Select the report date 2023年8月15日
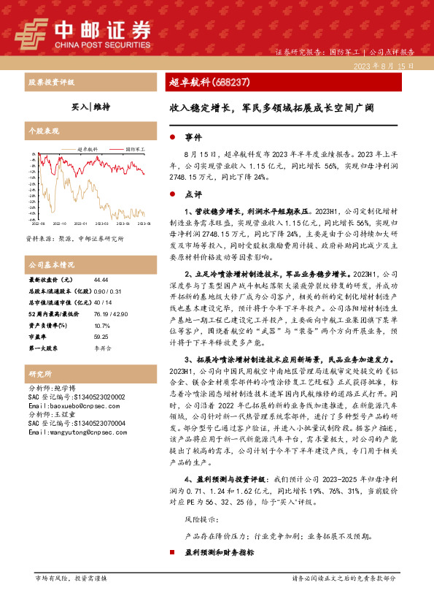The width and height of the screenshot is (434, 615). (x=383, y=66)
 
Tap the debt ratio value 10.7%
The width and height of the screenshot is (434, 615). (x=101, y=326)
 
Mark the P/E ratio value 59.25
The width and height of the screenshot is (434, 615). (x=101, y=337)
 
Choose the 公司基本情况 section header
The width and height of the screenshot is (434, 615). (x=52, y=264)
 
